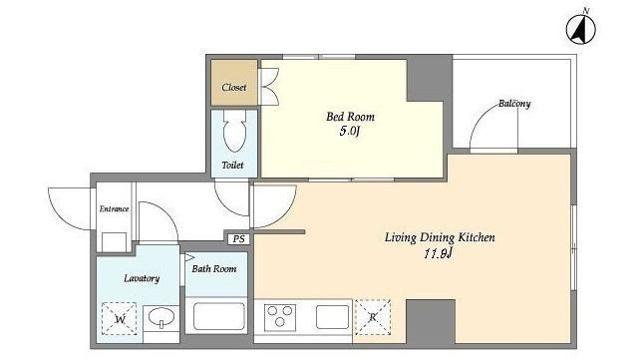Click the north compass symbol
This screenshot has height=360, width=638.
coord(580,29)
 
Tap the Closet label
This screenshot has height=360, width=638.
coord(234,87)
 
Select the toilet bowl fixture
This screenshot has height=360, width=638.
coord(235,131)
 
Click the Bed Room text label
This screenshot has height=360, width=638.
coord(350,117)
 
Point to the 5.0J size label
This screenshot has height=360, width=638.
coord(350,132)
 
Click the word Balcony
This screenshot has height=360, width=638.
coord(514,104)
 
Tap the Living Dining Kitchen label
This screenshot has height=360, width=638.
coord(440,237)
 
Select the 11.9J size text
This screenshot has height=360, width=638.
coord(439,254)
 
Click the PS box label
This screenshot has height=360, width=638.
coord(238,239)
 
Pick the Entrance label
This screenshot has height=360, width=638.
coord(115,208)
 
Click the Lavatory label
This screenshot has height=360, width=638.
coord(142,278)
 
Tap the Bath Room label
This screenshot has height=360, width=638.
coord(214,269)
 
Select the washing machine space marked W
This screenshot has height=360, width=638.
coord(120,319)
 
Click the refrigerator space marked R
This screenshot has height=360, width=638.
coord(373,317)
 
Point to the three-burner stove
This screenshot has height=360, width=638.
coord(279,316)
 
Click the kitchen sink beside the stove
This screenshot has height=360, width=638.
coord(332,317)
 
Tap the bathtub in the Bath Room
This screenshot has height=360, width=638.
coord(219,316)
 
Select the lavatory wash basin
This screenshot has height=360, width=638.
coord(161,318)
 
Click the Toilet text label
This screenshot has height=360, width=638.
coord(232,166)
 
